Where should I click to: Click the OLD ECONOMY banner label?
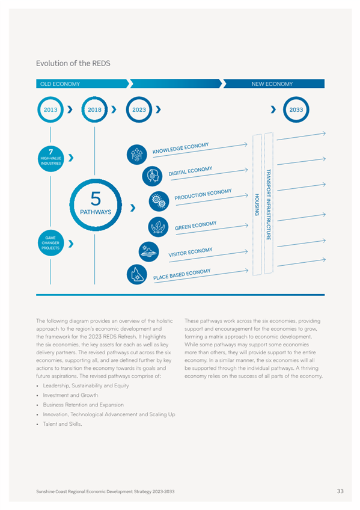click(60, 84)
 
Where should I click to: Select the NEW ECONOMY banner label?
click(272, 84)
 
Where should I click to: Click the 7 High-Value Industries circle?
click(50, 159)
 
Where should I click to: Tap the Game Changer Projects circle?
click(50, 243)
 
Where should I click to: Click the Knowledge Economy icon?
click(137, 155)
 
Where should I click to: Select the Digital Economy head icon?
click(152, 176)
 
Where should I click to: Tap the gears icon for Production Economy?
click(159, 201)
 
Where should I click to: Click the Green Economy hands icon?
click(158, 227)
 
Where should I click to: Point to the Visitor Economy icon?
click(149, 252)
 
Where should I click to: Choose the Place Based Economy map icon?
click(137, 274)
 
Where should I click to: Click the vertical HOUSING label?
click(257, 204)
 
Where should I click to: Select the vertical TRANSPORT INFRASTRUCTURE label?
click(269, 204)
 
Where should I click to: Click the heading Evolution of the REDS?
click(73, 63)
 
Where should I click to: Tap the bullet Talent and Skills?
click(63, 424)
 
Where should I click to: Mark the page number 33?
click(340, 491)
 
